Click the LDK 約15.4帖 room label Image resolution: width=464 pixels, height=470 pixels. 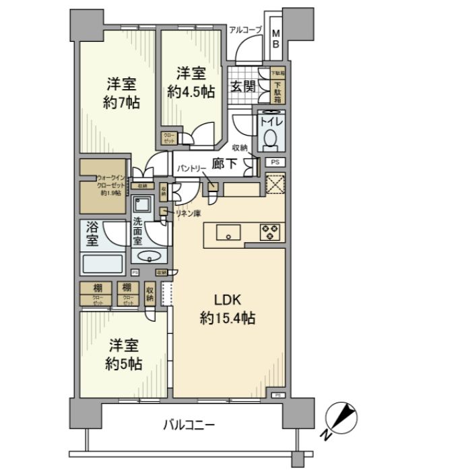[x=227, y=309]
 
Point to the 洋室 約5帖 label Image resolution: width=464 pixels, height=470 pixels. [x=123, y=354]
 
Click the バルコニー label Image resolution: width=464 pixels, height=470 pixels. [x=189, y=425]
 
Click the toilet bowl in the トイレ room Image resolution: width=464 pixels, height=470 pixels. [x=271, y=137]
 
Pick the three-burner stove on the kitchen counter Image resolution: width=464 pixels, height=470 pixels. [x=271, y=233]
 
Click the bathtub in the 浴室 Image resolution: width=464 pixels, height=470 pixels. [x=103, y=262]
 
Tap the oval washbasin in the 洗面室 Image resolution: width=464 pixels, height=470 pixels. [x=150, y=256]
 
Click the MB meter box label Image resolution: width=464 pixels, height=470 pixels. [x=275, y=39]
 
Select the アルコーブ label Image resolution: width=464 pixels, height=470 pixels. [x=245, y=29]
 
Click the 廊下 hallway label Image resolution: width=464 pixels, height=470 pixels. [x=224, y=163]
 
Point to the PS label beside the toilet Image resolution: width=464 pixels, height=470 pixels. [x=273, y=162]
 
